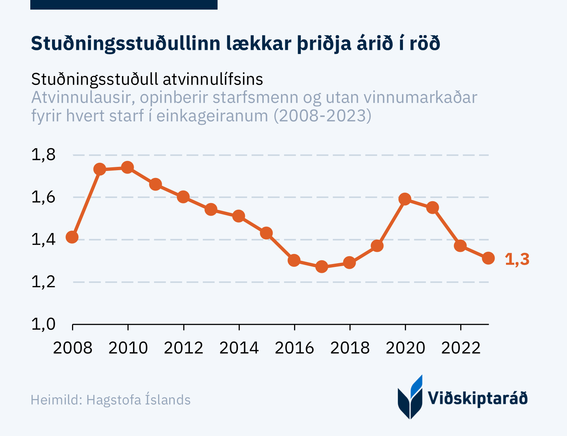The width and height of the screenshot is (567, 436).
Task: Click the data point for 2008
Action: (x=72, y=237)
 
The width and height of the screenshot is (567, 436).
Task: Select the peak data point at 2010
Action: (x=127, y=168)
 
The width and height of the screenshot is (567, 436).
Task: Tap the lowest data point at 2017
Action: (x=322, y=267)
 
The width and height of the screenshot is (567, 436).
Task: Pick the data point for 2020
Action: (x=405, y=199)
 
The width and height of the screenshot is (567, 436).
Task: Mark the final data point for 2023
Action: (x=488, y=258)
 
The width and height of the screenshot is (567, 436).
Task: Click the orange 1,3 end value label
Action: (x=517, y=260)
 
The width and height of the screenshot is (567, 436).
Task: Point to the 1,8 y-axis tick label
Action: (x=43, y=155)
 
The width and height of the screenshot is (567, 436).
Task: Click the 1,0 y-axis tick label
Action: (x=43, y=324)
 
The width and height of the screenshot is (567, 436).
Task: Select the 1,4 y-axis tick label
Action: (x=43, y=240)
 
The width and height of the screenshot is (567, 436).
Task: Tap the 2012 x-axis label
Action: (x=184, y=348)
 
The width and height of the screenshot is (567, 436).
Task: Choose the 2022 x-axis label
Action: (x=461, y=348)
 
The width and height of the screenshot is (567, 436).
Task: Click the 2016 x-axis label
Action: (x=294, y=348)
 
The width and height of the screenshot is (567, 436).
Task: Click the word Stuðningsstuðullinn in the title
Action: (x=125, y=44)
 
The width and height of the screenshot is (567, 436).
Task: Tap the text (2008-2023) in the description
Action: (x=322, y=116)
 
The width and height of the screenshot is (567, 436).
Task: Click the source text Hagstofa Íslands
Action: (x=138, y=400)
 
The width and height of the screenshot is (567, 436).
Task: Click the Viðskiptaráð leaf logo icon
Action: (x=410, y=398)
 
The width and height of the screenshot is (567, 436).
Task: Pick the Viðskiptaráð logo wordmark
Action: (x=478, y=398)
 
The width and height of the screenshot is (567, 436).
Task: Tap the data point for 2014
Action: (x=239, y=216)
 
